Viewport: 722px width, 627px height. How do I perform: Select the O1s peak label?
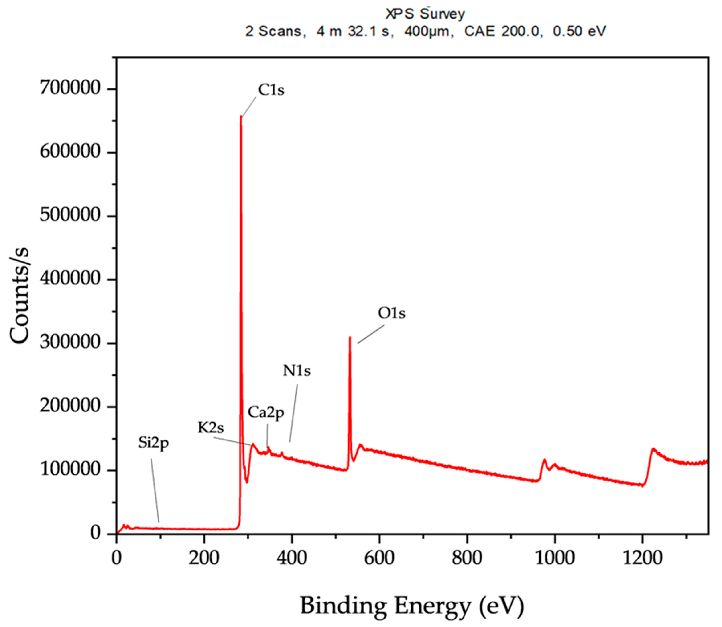[391, 313]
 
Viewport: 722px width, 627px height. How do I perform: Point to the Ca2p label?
[266, 413]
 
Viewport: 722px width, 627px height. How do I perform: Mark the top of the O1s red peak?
[350, 337]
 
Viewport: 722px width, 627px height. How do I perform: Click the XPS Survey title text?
[425, 14]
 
